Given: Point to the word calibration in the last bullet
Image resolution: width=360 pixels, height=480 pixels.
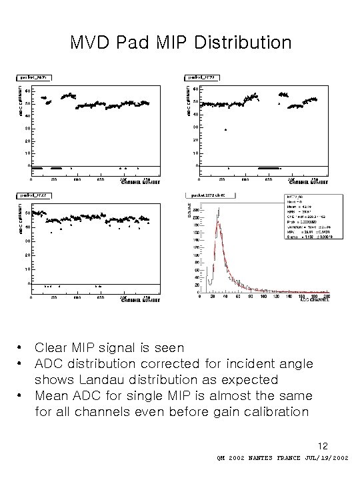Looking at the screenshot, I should coord(272,411).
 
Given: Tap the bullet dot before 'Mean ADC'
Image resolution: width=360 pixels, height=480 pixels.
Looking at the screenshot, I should coord(22,395).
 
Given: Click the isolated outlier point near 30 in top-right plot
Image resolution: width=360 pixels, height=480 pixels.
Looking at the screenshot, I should coord(226,129).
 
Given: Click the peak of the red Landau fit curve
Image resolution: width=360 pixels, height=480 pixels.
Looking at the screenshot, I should coord(217,223).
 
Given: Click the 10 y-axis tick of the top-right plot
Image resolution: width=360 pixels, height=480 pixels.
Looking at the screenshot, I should coord(194,153).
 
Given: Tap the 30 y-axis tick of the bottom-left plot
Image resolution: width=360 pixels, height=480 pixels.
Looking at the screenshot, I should coord(26,240).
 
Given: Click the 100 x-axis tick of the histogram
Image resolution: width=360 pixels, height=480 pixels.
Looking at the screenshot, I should coord(266,297).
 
